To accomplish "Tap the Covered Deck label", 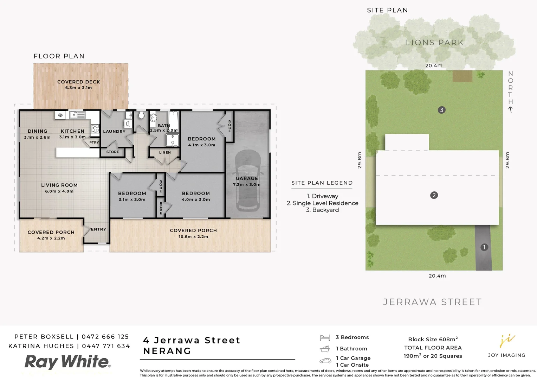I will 79,82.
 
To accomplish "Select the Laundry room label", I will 114,132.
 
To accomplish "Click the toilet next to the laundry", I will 141,116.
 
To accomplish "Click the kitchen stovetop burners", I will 95,128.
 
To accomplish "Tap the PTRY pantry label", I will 94,142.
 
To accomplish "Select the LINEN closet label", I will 165,153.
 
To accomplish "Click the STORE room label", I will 112,152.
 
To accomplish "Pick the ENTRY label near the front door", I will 98,229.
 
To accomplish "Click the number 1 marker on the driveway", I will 484,247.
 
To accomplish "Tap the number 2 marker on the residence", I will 434,195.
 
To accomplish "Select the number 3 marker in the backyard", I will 442,110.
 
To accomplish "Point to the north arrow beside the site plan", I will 510,109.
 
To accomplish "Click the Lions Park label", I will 434,43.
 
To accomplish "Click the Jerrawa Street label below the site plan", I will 432,302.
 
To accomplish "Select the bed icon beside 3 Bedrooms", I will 325,338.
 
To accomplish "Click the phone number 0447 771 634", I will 106,346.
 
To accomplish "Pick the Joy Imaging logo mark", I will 507,341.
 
